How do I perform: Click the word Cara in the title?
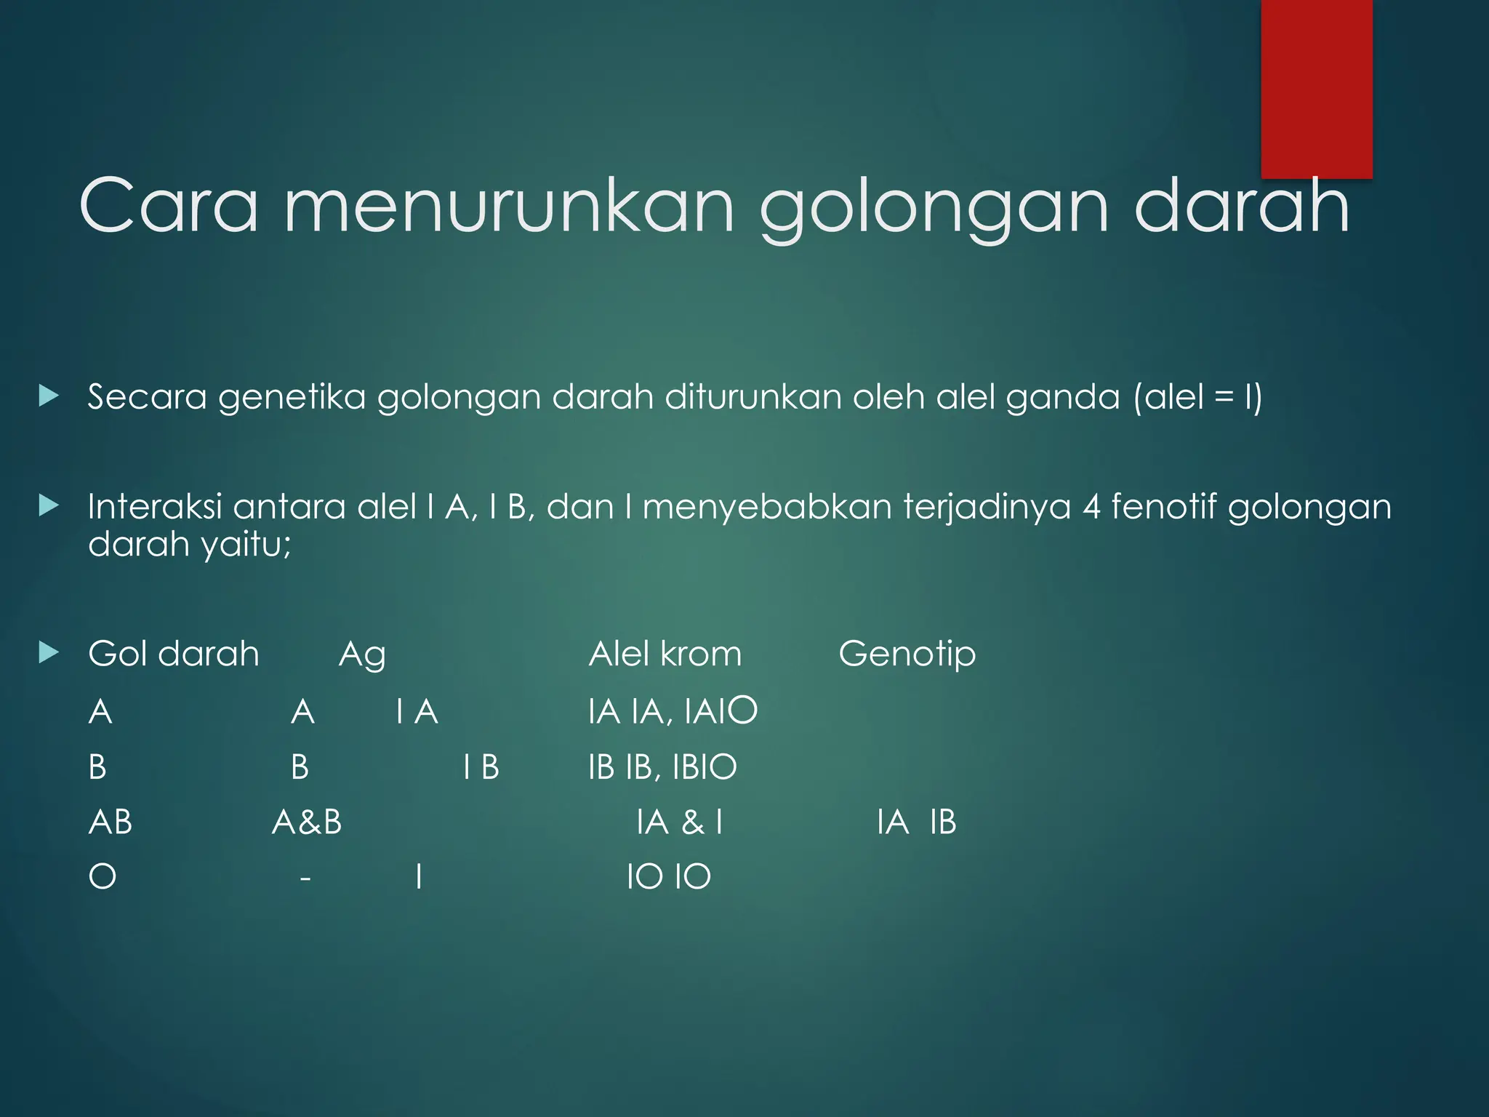point(169,207)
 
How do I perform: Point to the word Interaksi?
point(154,507)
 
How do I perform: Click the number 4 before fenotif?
point(1091,507)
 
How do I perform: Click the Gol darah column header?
point(173,654)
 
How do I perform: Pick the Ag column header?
point(362,655)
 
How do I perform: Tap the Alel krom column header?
point(665,654)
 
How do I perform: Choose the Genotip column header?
point(907,654)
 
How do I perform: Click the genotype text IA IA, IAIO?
point(673,711)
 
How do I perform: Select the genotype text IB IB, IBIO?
point(662,767)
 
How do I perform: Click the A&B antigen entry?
point(307,822)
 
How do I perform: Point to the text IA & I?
point(679,822)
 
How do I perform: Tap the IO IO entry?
point(668,877)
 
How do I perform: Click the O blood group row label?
point(102,877)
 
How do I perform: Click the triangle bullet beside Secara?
point(49,396)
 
